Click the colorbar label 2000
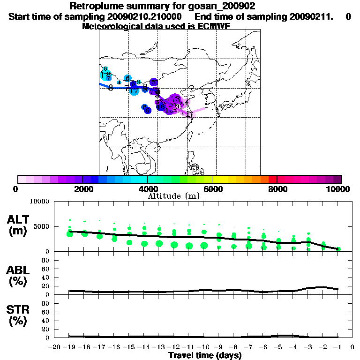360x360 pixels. (82, 189)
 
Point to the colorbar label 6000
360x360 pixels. (212, 189)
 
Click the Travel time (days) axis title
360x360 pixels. (205, 356)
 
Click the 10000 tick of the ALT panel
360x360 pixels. (40, 202)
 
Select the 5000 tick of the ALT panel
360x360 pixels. (42, 227)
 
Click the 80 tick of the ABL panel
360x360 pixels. (45, 260)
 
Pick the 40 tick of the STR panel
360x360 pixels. (45, 320)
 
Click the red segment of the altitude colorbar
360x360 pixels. (272, 179)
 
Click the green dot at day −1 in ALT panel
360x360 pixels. (338, 249)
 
